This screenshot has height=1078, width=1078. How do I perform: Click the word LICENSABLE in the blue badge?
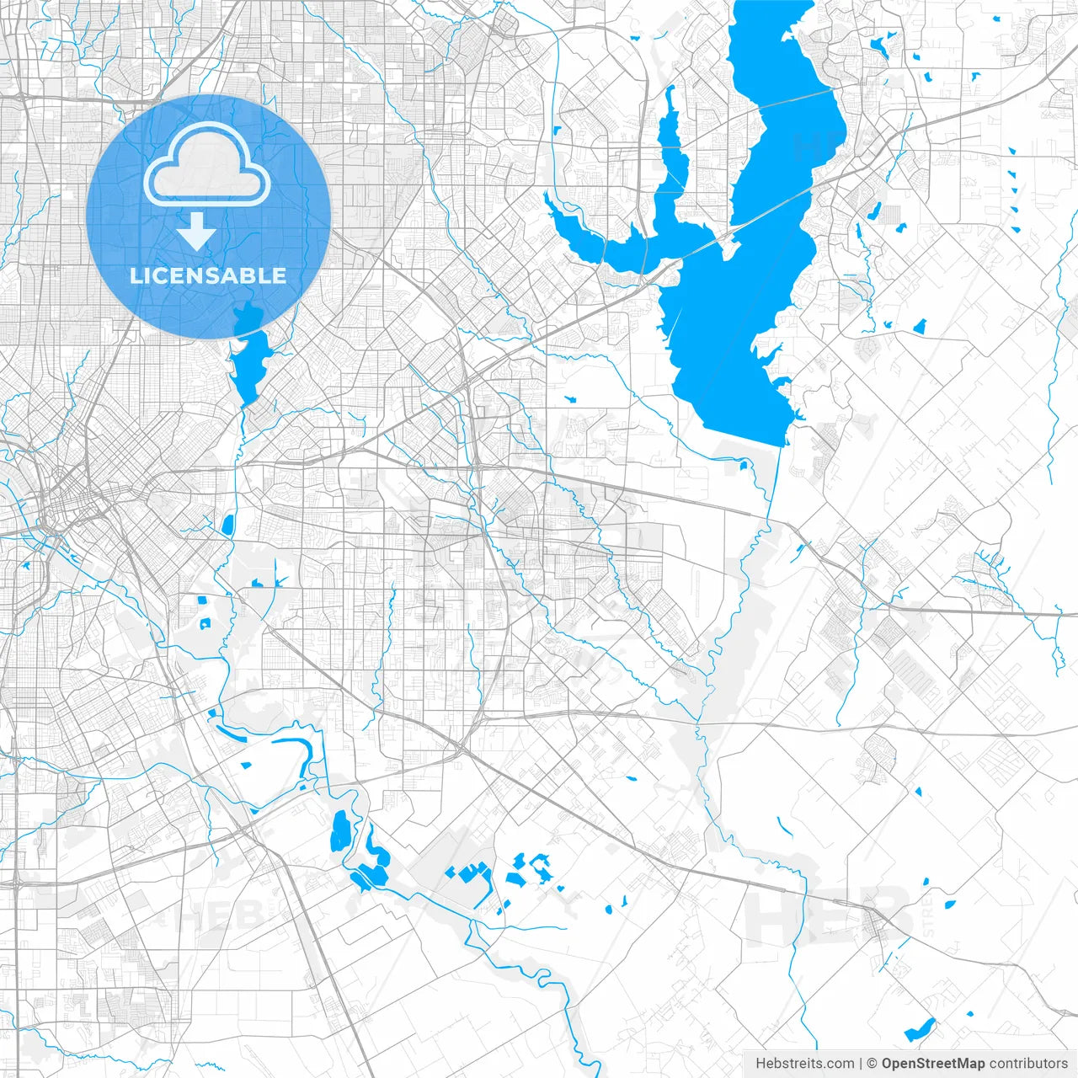pyautogui.click(x=208, y=275)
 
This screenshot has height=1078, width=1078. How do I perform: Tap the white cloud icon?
pyautogui.click(x=207, y=164)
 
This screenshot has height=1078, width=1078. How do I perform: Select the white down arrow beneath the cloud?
pyautogui.click(x=197, y=231)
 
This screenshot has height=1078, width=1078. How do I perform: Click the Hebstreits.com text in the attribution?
pyautogui.click(x=804, y=1064)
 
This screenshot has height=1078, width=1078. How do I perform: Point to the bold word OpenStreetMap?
pyautogui.click(x=933, y=1064)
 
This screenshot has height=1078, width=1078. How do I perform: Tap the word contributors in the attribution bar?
pyautogui.click(x=1028, y=1064)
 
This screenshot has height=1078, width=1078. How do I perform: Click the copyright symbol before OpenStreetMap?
pyautogui.click(x=873, y=1064)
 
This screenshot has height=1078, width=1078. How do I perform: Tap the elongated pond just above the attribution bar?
pyautogui.click(x=919, y=1029)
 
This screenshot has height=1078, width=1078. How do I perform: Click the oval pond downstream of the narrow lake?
pyautogui.click(x=227, y=525)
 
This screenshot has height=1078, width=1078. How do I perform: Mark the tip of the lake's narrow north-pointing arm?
pyautogui.click(x=670, y=89)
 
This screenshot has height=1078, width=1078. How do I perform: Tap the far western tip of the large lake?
pyautogui.click(x=547, y=195)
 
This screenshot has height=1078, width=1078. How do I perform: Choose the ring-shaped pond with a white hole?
pyautogui.click(x=204, y=624)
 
